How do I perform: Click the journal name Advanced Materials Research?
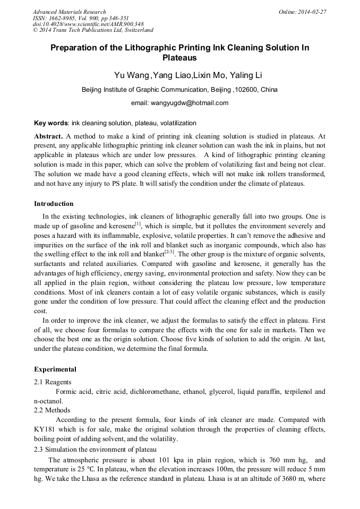[x=69, y=12]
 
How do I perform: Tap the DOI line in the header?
[x=88, y=24]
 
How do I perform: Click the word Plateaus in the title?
[x=179, y=57]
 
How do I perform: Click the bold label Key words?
[x=50, y=123]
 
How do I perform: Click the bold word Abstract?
[x=48, y=136]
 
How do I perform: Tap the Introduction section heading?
[x=54, y=204]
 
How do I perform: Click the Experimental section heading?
[x=55, y=369]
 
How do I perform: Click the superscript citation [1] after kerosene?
[x=138, y=223]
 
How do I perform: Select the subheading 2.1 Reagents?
[x=53, y=382]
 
